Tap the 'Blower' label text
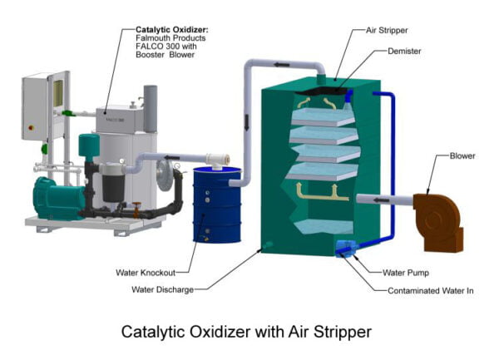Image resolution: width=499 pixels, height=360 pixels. tap(463, 155)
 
